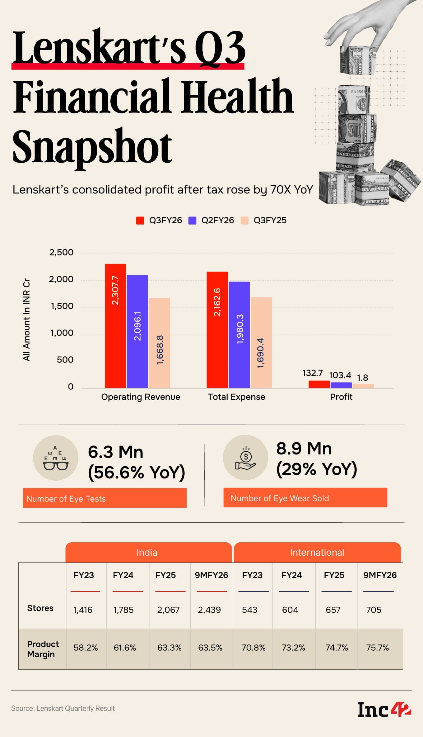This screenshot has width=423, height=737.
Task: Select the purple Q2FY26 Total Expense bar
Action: pyautogui.click(x=239, y=335)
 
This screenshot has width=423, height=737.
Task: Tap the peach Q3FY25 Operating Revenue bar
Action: pyautogui.click(x=159, y=343)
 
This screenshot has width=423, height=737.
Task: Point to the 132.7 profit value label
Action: pyautogui.click(x=313, y=373)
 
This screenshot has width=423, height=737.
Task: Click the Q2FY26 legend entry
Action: pyautogui.click(x=211, y=220)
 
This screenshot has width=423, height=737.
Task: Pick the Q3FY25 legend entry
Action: pyautogui.click(x=264, y=220)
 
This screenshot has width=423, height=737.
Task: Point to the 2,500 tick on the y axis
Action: pyautogui.click(x=61, y=252)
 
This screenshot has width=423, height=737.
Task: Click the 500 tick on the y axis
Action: pyautogui.click(x=65, y=360)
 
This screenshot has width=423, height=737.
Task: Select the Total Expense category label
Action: pyautogui.click(x=236, y=397)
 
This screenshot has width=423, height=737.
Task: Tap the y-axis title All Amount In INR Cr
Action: pyautogui.click(x=27, y=320)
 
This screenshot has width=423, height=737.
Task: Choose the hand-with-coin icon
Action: pyautogui.click(x=246, y=458)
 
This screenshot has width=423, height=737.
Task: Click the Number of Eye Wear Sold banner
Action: pyautogui.click(x=305, y=498)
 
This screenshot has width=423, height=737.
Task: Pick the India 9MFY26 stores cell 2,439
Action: pyautogui.click(x=209, y=610)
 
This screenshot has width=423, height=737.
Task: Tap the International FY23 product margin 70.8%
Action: pyautogui.click(x=253, y=648)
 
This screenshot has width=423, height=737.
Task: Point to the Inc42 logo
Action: pyautogui.click(x=384, y=710)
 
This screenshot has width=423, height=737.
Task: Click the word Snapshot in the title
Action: pyautogui.click(x=92, y=146)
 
